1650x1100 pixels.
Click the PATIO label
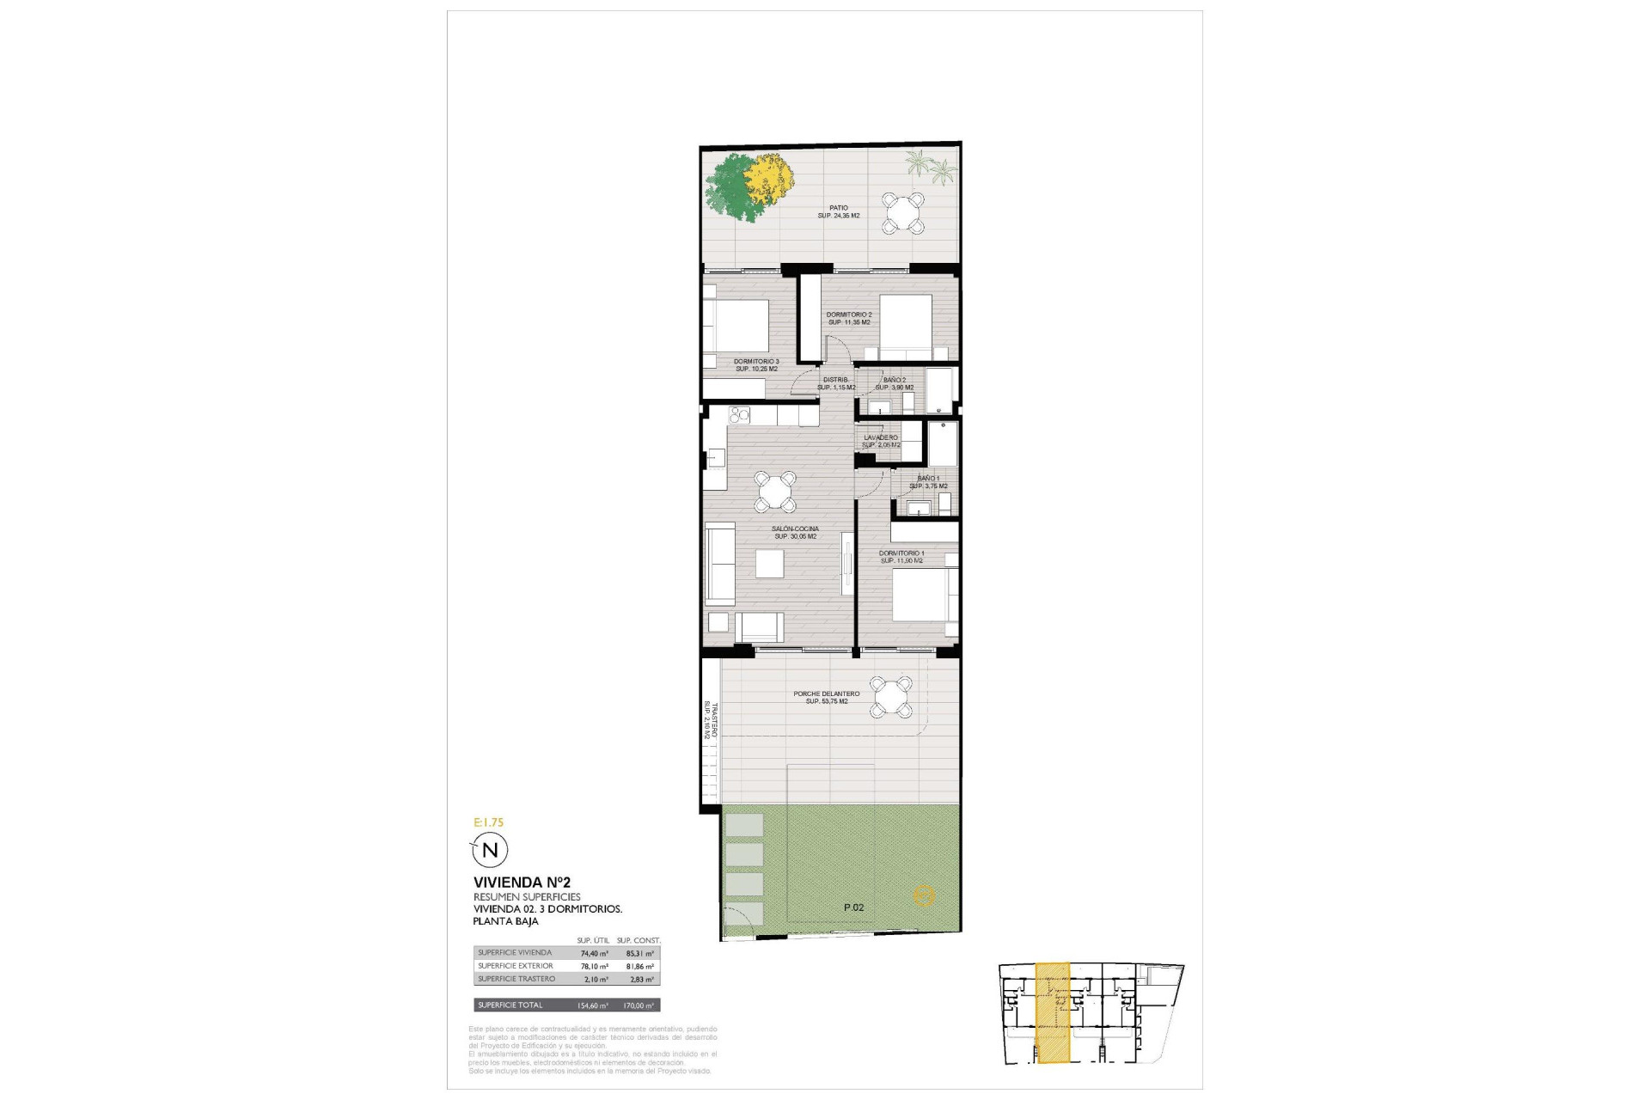click(x=839, y=208)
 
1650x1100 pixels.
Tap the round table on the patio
click(x=902, y=212)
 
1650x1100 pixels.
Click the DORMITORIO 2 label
click(x=849, y=315)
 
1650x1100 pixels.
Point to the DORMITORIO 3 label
click(x=756, y=362)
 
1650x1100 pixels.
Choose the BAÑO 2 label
click(x=895, y=380)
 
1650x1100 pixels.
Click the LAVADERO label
click(x=881, y=438)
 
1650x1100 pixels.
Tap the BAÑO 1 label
click(x=928, y=479)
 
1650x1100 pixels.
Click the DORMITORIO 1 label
click(x=901, y=553)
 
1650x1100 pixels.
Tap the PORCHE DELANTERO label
click(x=827, y=694)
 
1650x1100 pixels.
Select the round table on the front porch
click(x=891, y=696)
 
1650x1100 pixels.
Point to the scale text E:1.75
click(x=488, y=822)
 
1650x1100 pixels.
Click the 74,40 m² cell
click(x=593, y=953)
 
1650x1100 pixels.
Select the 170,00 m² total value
click(x=637, y=1005)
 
